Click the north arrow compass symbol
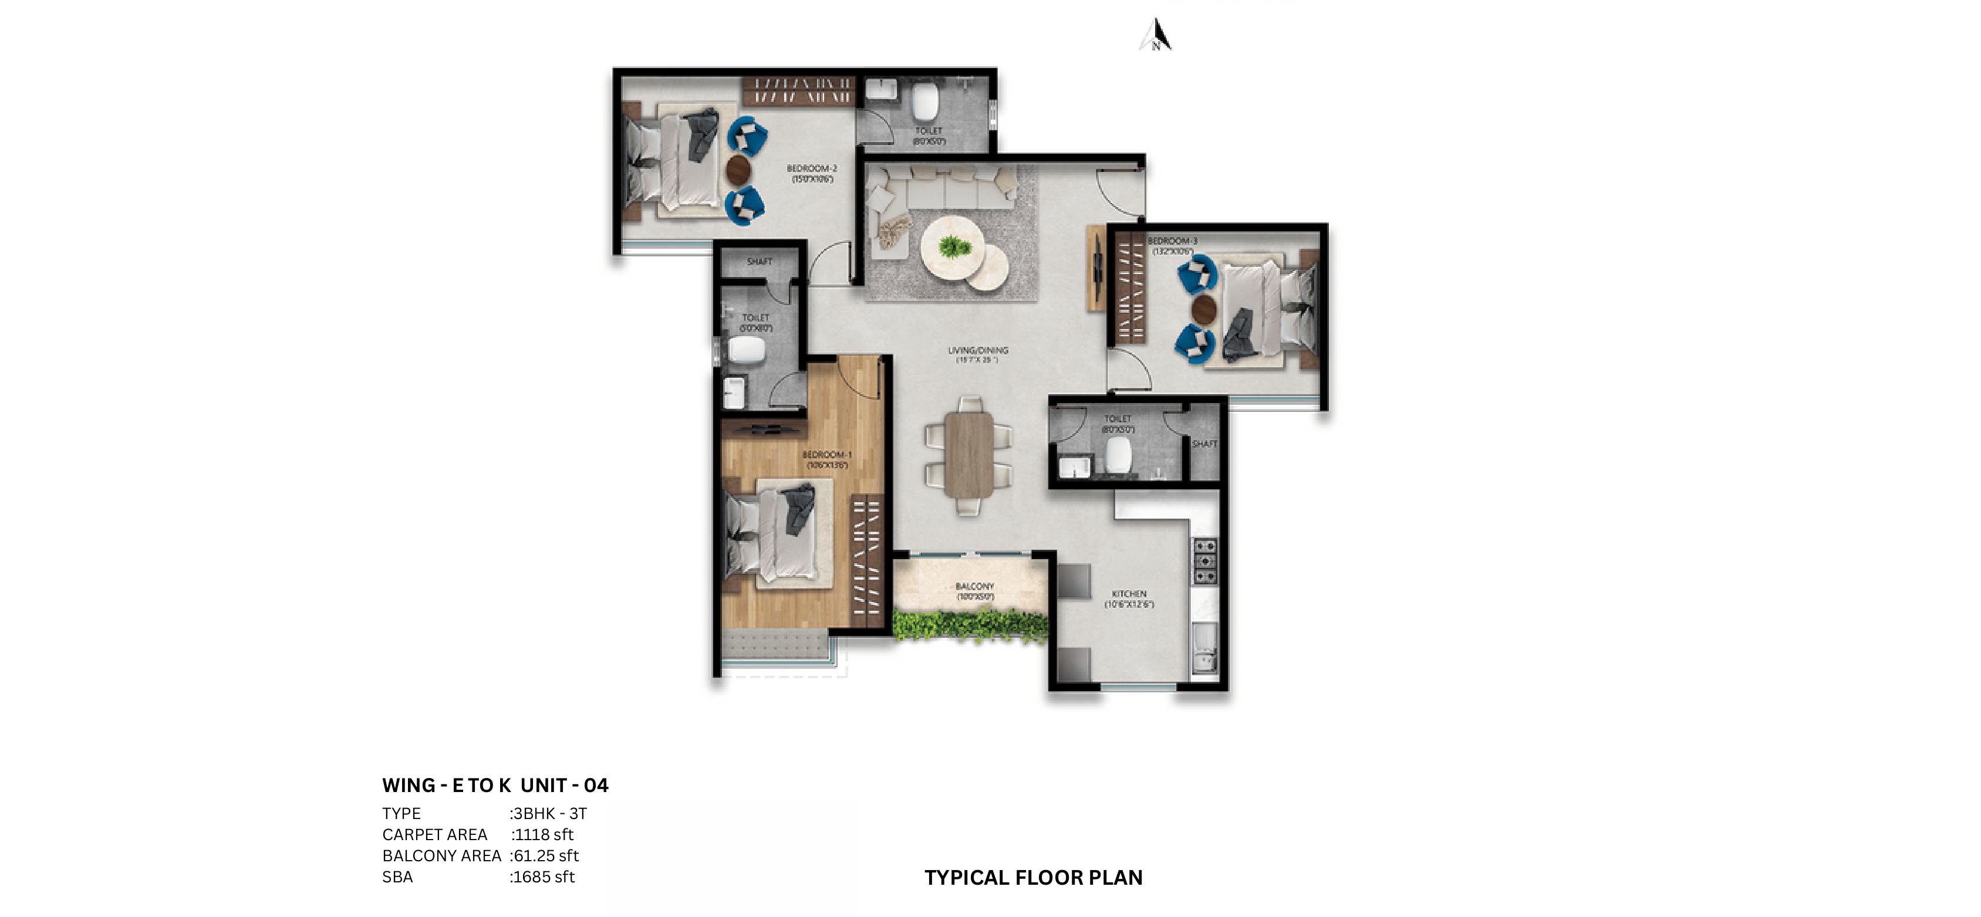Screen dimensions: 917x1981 [1155, 35]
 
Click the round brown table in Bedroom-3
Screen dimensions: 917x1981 [1203, 309]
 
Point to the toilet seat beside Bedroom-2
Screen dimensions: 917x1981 [925, 101]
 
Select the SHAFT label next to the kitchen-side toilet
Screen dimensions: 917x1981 [1204, 444]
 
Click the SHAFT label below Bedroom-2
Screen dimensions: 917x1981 [759, 261]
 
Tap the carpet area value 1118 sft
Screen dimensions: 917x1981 [543, 834]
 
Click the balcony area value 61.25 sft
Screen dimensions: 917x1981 [545, 855]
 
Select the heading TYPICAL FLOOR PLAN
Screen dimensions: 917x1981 [1033, 877]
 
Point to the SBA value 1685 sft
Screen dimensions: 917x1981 [543, 877]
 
